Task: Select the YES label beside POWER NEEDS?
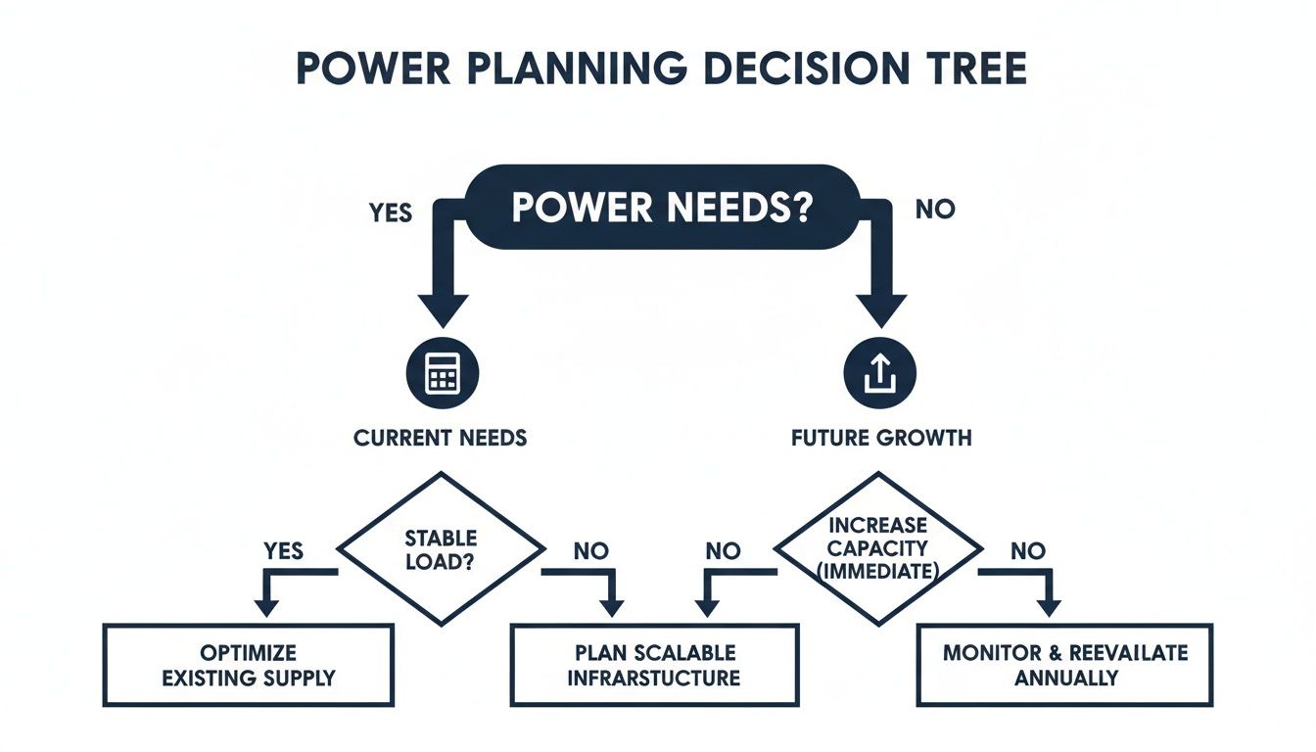click(391, 211)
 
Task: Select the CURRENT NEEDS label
click(440, 438)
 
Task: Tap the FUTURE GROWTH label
click(881, 438)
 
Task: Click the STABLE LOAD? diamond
click(441, 548)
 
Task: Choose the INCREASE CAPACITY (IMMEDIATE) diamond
click(878, 548)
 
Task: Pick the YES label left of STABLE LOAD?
click(284, 551)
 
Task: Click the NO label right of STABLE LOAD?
click(590, 551)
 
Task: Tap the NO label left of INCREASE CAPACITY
click(723, 551)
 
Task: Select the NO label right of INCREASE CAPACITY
click(1027, 551)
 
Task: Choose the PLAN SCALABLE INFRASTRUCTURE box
click(654, 665)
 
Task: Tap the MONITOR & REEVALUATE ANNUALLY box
click(1065, 665)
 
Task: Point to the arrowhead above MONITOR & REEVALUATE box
click(1049, 607)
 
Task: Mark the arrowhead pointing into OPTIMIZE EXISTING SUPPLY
click(263, 607)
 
